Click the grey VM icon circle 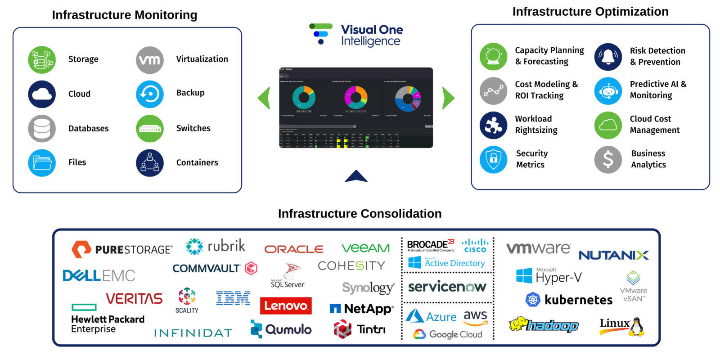tap(150, 60)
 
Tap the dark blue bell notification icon tap(608, 57)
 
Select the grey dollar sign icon tap(608, 159)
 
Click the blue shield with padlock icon tap(493, 159)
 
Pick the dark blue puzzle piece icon tap(493, 125)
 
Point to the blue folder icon tap(42, 163)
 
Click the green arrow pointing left tap(265, 98)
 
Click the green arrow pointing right tap(448, 98)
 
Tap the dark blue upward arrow tap(356, 176)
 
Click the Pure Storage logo tap(121, 249)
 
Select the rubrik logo tap(216, 246)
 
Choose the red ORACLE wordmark tap(294, 249)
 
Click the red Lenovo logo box tap(286, 306)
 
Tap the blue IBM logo tap(233, 298)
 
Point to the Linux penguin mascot tap(636, 328)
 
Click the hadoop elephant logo tap(544, 325)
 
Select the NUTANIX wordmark tap(613, 255)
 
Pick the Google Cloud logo tap(448, 334)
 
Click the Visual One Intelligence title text tap(371, 36)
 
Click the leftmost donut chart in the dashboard tap(304, 97)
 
